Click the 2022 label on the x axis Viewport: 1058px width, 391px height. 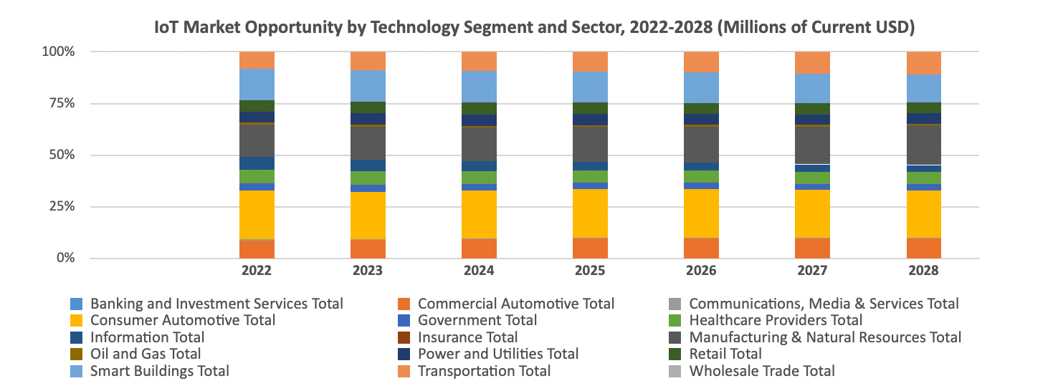(x=257, y=271)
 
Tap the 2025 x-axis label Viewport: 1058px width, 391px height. (x=590, y=271)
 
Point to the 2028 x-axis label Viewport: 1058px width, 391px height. (x=923, y=271)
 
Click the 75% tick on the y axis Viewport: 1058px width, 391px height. (x=60, y=103)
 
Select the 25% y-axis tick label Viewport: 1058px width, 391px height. (x=60, y=207)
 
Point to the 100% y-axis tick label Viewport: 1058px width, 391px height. (x=57, y=52)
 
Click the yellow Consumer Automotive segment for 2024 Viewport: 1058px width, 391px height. (x=479, y=214)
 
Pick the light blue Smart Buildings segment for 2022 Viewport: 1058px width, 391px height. (x=257, y=84)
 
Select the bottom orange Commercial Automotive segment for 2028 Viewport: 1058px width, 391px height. (x=923, y=248)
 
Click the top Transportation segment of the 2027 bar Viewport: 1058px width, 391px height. (x=812, y=62)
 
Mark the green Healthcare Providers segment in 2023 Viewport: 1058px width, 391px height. (x=368, y=178)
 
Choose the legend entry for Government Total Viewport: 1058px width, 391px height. (x=477, y=320)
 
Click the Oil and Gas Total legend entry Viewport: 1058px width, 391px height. (x=146, y=354)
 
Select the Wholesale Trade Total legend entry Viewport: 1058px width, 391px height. (x=761, y=371)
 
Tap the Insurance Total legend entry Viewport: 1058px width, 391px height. (x=467, y=337)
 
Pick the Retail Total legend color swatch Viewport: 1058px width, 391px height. (x=674, y=354)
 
